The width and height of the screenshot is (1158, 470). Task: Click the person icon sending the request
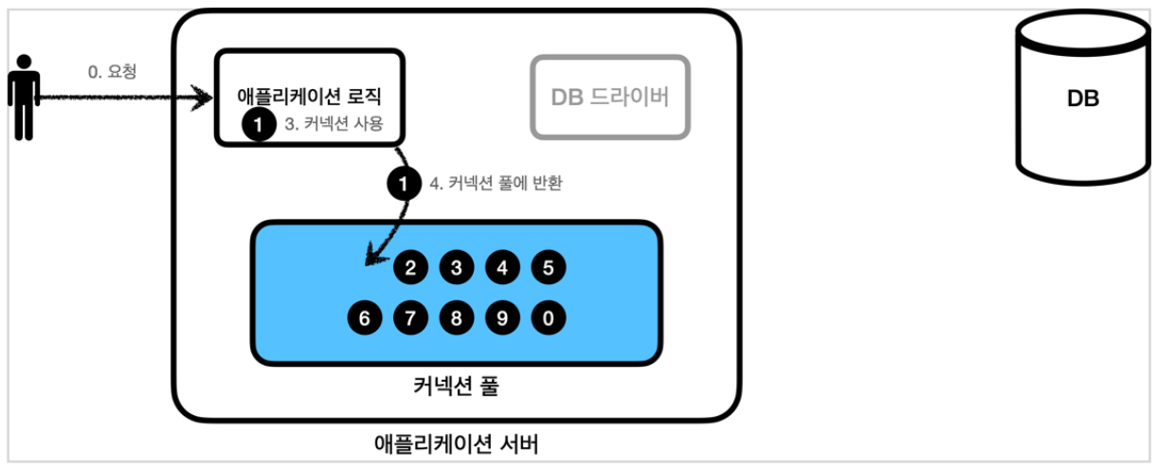click(x=24, y=96)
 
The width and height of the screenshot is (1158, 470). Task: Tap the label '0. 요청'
click(x=112, y=72)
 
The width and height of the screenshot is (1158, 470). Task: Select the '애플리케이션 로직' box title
click(x=310, y=97)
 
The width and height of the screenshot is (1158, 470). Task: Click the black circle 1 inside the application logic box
click(x=257, y=124)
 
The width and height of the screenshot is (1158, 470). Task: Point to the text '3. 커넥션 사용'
click(x=333, y=124)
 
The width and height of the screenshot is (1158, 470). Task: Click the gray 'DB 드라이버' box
click(x=610, y=98)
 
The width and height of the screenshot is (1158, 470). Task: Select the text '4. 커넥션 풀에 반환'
click(x=496, y=183)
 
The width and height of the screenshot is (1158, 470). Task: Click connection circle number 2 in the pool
click(x=410, y=268)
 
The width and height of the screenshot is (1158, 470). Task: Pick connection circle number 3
click(x=456, y=268)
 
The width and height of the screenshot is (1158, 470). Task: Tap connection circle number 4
click(x=502, y=268)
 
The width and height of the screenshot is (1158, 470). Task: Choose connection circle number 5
click(x=548, y=268)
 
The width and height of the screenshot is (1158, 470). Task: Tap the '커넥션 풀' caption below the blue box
click(x=455, y=387)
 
